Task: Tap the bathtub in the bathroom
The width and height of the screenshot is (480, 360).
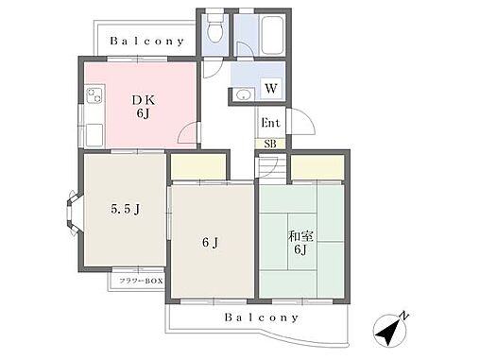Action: (x=272, y=35)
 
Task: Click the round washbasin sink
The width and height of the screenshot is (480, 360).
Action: (x=244, y=94)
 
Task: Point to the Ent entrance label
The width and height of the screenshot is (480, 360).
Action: (x=270, y=123)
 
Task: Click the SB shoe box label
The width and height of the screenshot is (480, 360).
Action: (x=270, y=144)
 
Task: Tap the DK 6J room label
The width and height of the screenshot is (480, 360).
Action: (x=144, y=107)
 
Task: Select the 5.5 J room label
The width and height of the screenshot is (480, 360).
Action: (x=126, y=209)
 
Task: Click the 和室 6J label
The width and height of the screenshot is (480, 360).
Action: (x=300, y=243)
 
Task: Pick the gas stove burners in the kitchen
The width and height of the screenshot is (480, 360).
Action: (x=94, y=94)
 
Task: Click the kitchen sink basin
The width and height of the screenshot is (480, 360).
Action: (x=94, y=135)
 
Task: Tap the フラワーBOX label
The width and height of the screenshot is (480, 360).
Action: (x=141, y=281)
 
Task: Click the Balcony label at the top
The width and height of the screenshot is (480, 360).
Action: (x=146, y=42)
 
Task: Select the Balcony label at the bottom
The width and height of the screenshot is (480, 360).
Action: (x=262, y=317)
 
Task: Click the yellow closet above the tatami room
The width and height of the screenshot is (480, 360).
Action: (x=317, y=167)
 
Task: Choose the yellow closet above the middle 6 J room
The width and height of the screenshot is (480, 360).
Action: (x=198, y=167)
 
